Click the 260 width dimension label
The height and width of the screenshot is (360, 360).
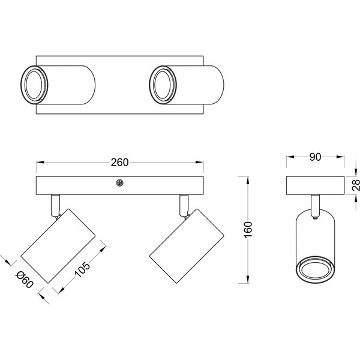(121, 163)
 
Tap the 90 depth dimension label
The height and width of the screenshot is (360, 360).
(314, 157)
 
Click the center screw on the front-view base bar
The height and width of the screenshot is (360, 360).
(121, 184)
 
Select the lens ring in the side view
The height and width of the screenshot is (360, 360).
(314, 270)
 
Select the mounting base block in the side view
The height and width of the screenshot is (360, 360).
(314, 185)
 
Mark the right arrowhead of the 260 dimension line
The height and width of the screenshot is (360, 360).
(202, 163)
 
